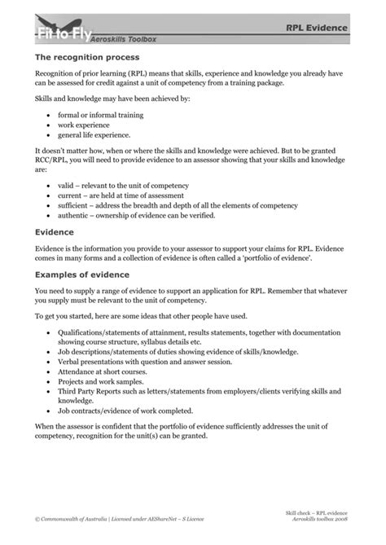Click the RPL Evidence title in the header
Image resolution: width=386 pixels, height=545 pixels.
[x=316, y=28]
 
